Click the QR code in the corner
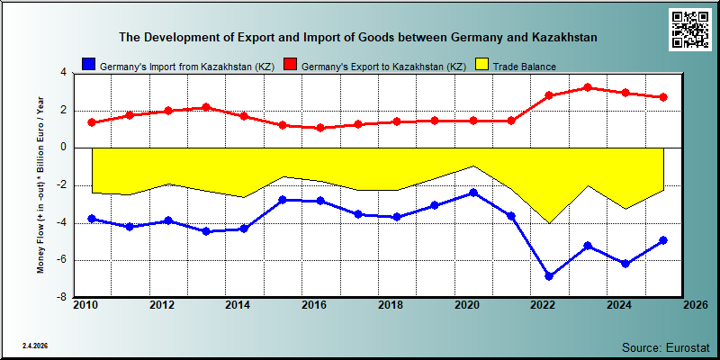tap(690, 30)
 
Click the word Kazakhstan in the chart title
tap(565, 37)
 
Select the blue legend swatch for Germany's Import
tap(88, 65)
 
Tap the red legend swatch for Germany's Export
tap(290, 65)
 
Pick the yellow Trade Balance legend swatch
tap(481, 65)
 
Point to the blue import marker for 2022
tap(549, 276)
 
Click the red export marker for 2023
tap(587, 87)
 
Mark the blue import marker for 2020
tap(473, 193)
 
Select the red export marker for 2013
tap(206, 107)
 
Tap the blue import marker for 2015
tap(283, 200)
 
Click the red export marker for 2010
tap(92, 122)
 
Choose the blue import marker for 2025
tap(663, 240)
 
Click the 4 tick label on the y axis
tap(64, 73)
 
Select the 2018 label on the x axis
tap(390, 305)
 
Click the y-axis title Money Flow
tap(40, 184)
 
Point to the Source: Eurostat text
tap(666, 346)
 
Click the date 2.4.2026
tap(35, 346)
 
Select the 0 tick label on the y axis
tap(64, 148)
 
